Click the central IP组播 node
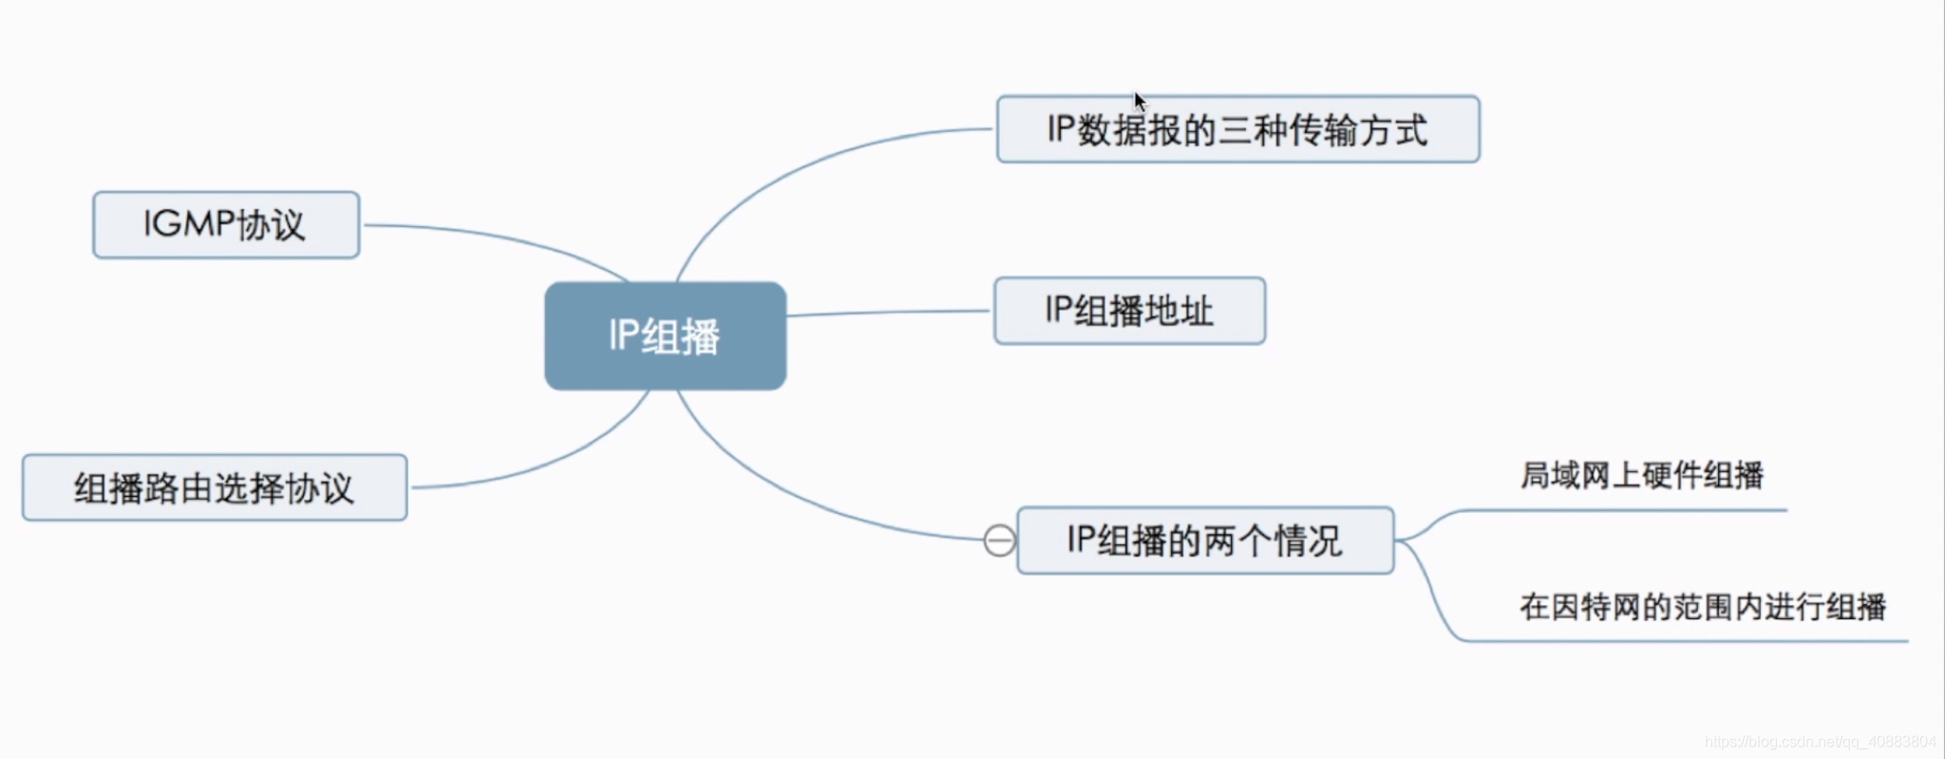click(x=665, y=335)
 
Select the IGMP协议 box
click(x=226, y=225)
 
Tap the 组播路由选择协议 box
click(x=215, y=487)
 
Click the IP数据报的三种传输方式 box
click(x=1237, y=129)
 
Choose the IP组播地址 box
click(x=1129, y=311)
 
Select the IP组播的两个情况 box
click(x=1204, y=541)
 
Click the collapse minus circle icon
click(x=999, y=541)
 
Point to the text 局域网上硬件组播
click(x=1641, y=475)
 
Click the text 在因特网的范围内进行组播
click(x=1702, y=606)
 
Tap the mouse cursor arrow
click(x=1139, y=101)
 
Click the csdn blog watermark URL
click(x=1820, y=742)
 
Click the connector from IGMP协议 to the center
click(x=494, y=237)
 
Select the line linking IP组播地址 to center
click(x=888, y=312)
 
